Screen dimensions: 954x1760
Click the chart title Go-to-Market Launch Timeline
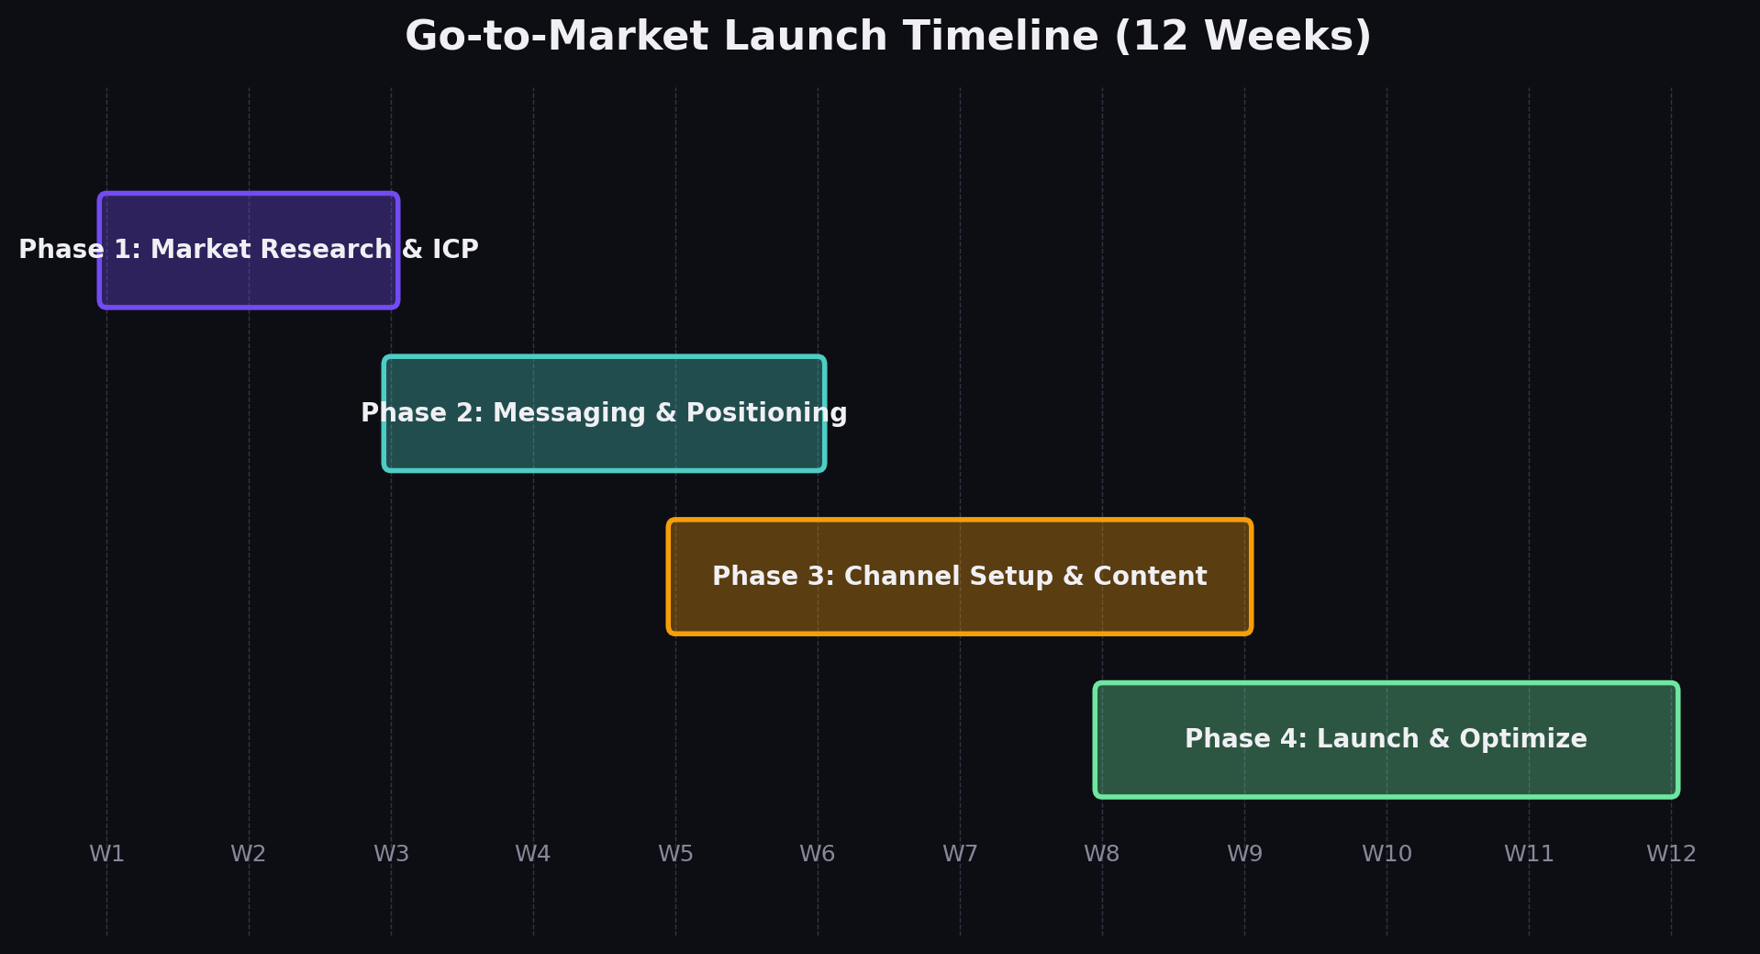tap(887, 38)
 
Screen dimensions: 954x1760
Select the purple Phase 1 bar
tap(249, 275)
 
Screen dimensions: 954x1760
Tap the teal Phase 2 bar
tap(604, 444)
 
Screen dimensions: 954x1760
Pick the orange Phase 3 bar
tap(959, 606)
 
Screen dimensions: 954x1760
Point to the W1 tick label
tap(106, 854)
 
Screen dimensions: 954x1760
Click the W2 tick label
tap(249, 854)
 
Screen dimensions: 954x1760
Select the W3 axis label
tap(391, 854)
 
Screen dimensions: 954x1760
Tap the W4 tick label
tap(533, 854)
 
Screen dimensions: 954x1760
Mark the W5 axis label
tap(675, 854)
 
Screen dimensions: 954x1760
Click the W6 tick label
tap(818, 854)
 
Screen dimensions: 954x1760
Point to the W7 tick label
tap(960, 854)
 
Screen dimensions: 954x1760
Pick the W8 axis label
tap(1102, 854)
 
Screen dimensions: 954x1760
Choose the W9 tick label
tap(1244, 854)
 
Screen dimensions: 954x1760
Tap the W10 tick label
tap(1387, 854)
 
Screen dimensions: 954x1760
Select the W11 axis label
tap(1529, 854)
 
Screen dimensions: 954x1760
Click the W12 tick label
tap(1671, 854)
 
